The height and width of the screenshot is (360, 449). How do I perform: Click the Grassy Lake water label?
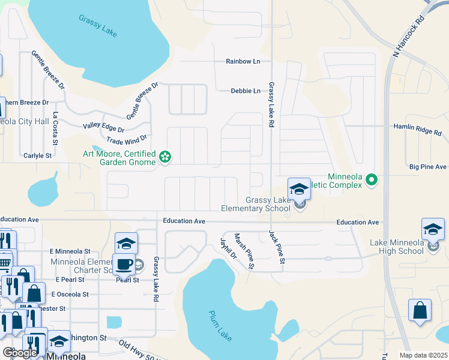pyautogui.click(x=97, y=26)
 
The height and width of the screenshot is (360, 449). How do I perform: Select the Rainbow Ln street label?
pyautogui.click(x=243, y=61)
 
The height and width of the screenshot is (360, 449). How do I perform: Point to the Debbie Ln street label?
pyautogui.click(x=246, y=91)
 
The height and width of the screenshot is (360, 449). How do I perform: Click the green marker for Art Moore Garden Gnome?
pyautogui.click(x=164, y=158)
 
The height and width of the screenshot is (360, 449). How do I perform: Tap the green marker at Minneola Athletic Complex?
pyautogui.click(x=372, y=179)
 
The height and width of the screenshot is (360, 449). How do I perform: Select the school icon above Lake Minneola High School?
pyautogui.click(x=433, y=229)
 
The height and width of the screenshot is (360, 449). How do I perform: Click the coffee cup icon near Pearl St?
pyautogui.click(x=124, y=263)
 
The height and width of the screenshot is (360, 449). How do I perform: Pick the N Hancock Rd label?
pyautogui.click(x=409, y=37)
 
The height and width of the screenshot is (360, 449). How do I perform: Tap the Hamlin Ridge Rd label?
pyautogui.click(x=420, y=127)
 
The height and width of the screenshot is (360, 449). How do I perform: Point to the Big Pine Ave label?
pyautogui.click(x=428, y=167)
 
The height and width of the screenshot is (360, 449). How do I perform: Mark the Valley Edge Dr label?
pyautogui.click(x=103, y=128)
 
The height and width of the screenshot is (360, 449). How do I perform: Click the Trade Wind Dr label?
pyautogui.click(x=126, y=140)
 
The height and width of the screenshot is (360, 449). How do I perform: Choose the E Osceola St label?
pyautogui.click(x=70, y=295)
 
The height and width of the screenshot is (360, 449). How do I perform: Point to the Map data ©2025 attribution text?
pyautogui.click(x=423, y=355)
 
